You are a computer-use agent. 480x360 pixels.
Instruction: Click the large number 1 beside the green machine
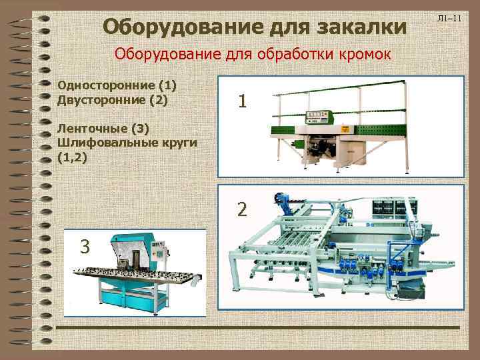click(x=243, y=101)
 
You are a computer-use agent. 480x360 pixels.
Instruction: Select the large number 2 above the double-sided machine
click(x=243, y=209)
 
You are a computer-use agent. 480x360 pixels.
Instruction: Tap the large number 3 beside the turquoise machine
click(x=85, y=246)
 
